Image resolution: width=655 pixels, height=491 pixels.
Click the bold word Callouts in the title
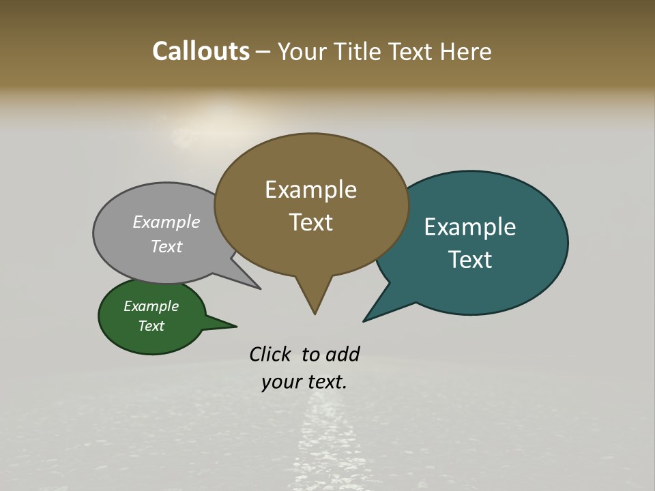201,51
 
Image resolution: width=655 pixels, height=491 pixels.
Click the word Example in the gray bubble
166,222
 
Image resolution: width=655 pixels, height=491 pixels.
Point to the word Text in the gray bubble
166,246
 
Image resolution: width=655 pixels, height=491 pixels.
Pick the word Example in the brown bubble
310,190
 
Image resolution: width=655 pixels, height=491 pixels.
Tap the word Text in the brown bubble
310,222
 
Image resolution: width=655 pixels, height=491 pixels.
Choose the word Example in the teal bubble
470,227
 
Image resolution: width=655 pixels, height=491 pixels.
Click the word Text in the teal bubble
470,260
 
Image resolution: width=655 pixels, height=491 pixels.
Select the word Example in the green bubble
151,306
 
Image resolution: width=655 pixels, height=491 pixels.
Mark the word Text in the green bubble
151,326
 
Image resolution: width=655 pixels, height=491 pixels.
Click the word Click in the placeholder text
270,354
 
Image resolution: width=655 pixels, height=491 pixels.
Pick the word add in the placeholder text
342,354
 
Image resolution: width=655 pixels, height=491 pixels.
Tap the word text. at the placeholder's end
325,382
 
